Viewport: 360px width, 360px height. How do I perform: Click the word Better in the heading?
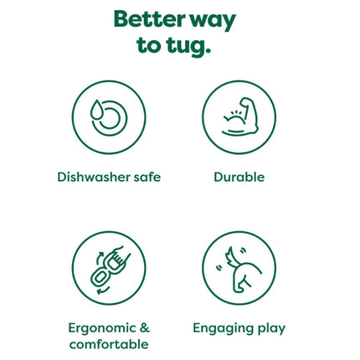(x=149, y=19)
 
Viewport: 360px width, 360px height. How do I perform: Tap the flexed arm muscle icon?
(x=240, y=116)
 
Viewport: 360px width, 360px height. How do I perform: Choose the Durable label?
(x=239, y=177)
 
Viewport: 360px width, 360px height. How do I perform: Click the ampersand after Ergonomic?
(x=145, y=327)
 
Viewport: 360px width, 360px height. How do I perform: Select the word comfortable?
(x=109, y=344)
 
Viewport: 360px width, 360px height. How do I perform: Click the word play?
(x=271, y=329)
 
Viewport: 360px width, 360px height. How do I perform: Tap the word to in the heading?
(x=149, y=44)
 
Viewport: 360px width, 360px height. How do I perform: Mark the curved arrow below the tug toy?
(x=103, y=291)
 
